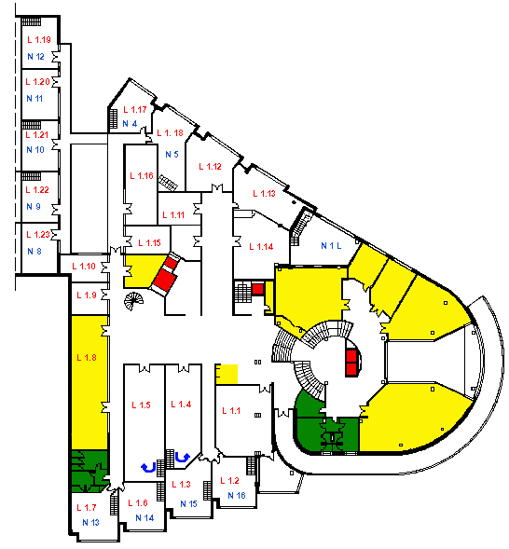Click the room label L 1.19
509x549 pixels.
pos(39,39)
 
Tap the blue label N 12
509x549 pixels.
pos(35,56)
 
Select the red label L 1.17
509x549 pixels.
pos(135,110)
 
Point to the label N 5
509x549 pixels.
pos(172,154)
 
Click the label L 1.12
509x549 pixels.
pos(210,166)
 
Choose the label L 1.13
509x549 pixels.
pos(265,193)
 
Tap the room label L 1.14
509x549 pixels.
pos(261,246)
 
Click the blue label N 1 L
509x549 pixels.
pos(331,246)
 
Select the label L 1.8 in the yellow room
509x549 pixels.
pos(87,358)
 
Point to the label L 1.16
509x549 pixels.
pos(142,176)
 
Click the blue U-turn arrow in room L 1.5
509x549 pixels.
pos(148,467)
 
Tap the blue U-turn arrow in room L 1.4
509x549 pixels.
pos(183,458)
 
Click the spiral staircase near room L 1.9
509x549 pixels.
pos(133,301)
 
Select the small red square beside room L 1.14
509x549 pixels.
pos(257,289)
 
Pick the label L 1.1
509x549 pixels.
pos(231,410)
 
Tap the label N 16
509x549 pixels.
pos(237,495)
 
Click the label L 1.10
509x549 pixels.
pos(84,266)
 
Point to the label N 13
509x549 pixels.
pos(90,522)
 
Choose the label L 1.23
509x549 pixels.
pos(38,234)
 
